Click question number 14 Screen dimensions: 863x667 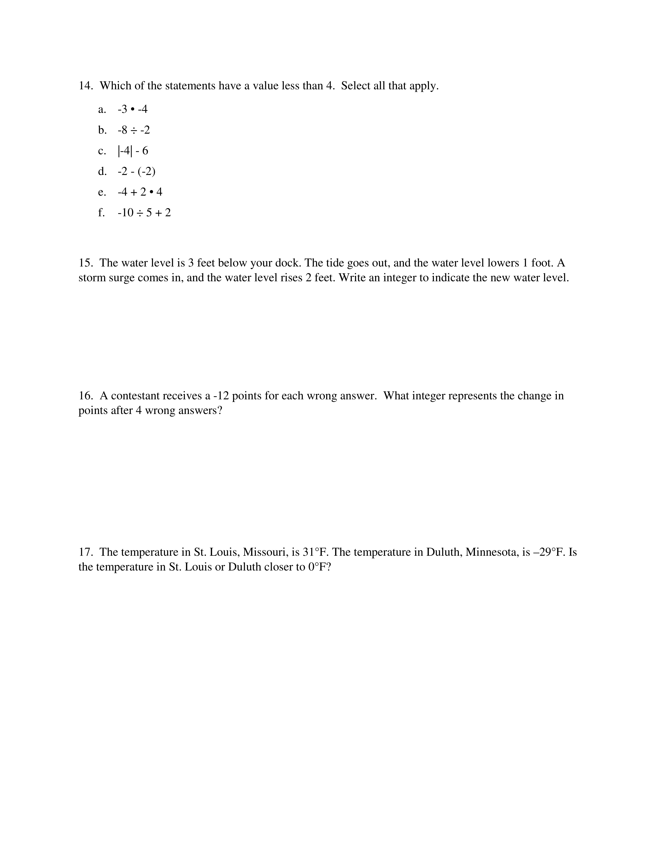(85, 86)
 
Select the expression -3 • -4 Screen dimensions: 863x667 (132, 109)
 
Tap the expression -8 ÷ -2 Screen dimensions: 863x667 (134, 130)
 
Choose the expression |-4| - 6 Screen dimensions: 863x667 (133, 151)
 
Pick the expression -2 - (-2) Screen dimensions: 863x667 (136, 172)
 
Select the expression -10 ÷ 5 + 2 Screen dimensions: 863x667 (144, 213)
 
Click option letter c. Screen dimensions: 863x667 (102, 151)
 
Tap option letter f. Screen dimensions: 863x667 (101, 213)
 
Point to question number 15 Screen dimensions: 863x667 (85, 263)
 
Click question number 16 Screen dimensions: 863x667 (85, 395)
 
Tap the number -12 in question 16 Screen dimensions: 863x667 (221, 395)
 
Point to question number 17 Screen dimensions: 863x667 (85, 552)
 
